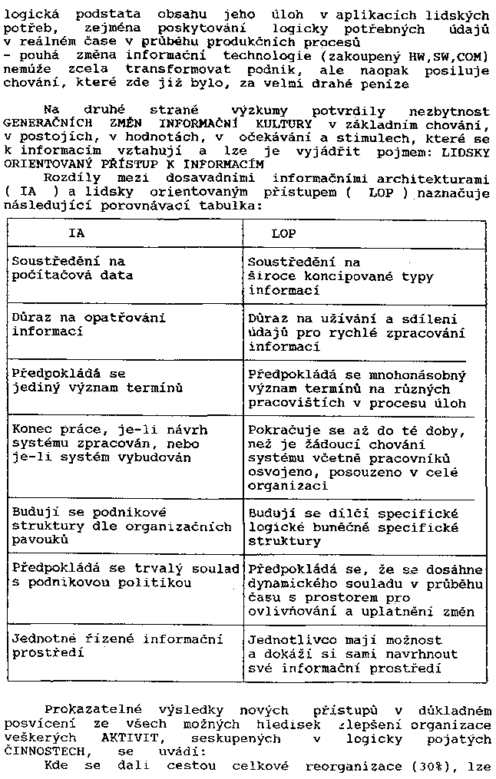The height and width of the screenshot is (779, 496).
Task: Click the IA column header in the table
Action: tap(77, 232)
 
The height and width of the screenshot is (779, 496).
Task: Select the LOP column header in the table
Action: tap(283, 232)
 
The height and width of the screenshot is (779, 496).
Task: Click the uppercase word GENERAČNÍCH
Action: tap(51, 124)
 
